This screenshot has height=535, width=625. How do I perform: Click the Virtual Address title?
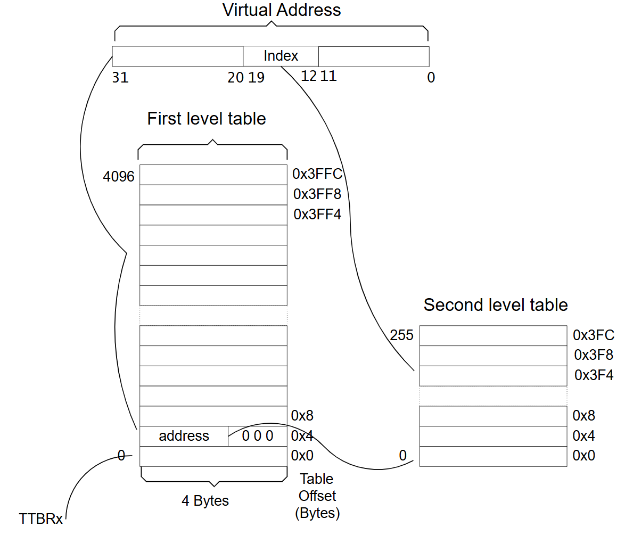(282, 10)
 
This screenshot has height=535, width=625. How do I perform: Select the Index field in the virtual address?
(281, 56)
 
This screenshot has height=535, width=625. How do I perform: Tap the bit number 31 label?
(120, 77)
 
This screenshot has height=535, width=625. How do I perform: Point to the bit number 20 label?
(235, 77)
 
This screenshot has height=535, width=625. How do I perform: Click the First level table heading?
(207, 118)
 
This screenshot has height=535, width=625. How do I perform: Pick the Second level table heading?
(496, 305)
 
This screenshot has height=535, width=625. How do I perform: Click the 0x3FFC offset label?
(317, 174)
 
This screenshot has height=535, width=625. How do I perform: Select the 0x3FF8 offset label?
(317, 194)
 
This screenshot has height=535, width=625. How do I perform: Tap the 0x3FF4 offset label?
(317, 215)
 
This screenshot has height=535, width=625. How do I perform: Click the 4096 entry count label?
(119, 176)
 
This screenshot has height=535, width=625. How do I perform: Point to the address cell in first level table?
(184, 436)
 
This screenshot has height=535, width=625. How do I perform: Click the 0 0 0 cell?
(258, 436)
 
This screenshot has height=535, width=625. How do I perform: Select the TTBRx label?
(40, 518)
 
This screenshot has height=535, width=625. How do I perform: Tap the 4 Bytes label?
(205, 501)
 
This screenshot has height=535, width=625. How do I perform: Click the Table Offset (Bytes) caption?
(317, 496)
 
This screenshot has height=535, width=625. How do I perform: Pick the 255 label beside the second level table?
(402, 335)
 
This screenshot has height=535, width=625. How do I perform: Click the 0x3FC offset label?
(594, 335)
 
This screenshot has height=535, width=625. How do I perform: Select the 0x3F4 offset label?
(594, 375)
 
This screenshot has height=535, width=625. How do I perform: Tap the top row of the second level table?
(494, 336)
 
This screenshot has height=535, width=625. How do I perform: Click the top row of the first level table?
(213, 175)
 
